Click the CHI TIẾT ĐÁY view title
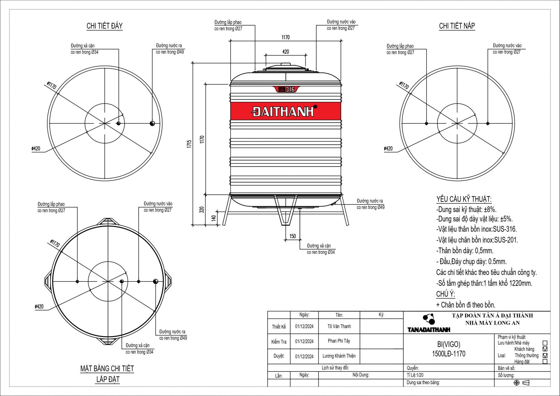click(x=105, y=26)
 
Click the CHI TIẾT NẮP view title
click(x=457, y=26)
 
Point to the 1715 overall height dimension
click(x=189, y=144)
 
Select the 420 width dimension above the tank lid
click(x=286, y=52)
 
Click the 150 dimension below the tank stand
click(x=293, y=236)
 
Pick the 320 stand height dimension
click(x=202, y=210)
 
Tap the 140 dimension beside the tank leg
click(x=213, y=218)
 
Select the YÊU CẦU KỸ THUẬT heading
click(x=464, y=199)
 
